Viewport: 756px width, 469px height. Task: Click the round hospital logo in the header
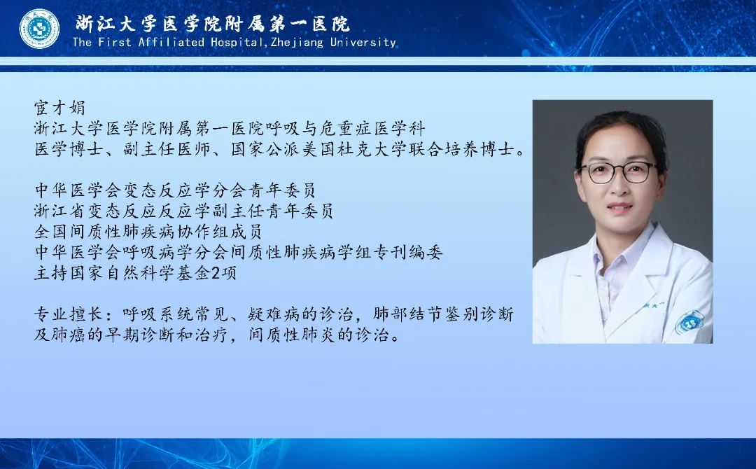click(x=39, y=29)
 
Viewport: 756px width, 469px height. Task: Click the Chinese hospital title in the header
click(x=212, y=23)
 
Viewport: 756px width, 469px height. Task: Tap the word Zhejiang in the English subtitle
click(x=297, y=43)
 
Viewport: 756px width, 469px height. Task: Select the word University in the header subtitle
click(x=363, y=43)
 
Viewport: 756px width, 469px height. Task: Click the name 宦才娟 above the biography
click(x=59, y=108)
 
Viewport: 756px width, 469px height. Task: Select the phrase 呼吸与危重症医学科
click(x=345, y=128)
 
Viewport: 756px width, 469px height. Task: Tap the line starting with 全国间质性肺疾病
click(x=148, y=232)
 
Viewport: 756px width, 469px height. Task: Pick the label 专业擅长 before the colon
click(x=68, y=314)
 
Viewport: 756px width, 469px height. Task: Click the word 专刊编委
click(x=408, y=252)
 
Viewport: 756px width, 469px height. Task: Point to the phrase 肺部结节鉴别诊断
click(x=444, y=314)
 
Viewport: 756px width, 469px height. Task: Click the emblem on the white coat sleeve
click(x=689, y=321)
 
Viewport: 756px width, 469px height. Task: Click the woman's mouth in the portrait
click(x=619, y=208)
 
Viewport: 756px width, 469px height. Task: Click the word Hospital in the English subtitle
click(x=237, y=43)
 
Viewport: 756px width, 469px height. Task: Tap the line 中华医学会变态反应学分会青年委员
click(x=175, y=190)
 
